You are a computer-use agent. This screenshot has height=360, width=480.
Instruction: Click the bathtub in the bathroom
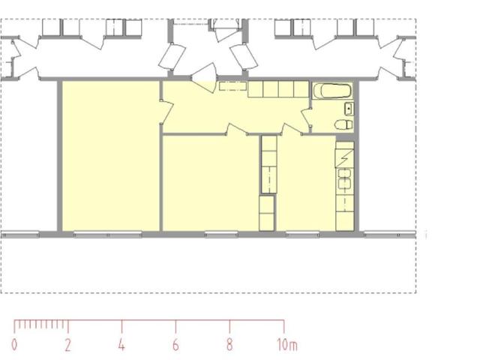click(x=332, y=91)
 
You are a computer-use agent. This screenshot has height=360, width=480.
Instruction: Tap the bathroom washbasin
click(x=349, y=109)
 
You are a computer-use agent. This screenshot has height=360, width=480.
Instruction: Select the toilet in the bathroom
click(x=343, y=124)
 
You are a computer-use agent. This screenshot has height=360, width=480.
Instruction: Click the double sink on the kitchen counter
click(x=345, y=178)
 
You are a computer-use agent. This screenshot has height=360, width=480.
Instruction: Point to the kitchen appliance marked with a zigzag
click(x=345, y=158)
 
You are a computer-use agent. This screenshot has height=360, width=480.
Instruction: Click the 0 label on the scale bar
click(x=14, y=345)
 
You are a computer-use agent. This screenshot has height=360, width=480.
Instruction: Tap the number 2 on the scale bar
click(x=68, y=345)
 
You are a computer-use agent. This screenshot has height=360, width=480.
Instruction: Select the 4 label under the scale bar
click(x=121, y=345)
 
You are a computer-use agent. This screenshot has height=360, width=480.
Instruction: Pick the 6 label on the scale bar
click(x=175, y=345)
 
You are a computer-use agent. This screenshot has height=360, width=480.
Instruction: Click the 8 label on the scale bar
click(x=229, y=345)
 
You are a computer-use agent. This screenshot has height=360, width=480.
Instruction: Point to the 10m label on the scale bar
click(x=287, y=345)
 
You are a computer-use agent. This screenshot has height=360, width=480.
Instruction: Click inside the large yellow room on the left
click(x=111, y=155)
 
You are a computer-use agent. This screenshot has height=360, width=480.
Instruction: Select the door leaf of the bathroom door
click(x=305, y=118)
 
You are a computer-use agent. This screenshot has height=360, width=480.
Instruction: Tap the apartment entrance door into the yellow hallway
click(x=204, y=78)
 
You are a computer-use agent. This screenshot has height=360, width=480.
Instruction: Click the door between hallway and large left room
click(x=167, y=112)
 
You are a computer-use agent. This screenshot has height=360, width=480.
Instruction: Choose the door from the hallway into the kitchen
click(x=292, y=129)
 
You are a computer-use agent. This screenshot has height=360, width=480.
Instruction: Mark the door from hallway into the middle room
click(x=237, y=129)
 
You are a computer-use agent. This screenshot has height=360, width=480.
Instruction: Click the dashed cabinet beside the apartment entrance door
click(x=232, y=86)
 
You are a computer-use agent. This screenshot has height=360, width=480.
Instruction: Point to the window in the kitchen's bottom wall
click(x=302, y=235)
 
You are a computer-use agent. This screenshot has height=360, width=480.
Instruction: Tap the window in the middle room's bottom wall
click(x=221, y=235)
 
